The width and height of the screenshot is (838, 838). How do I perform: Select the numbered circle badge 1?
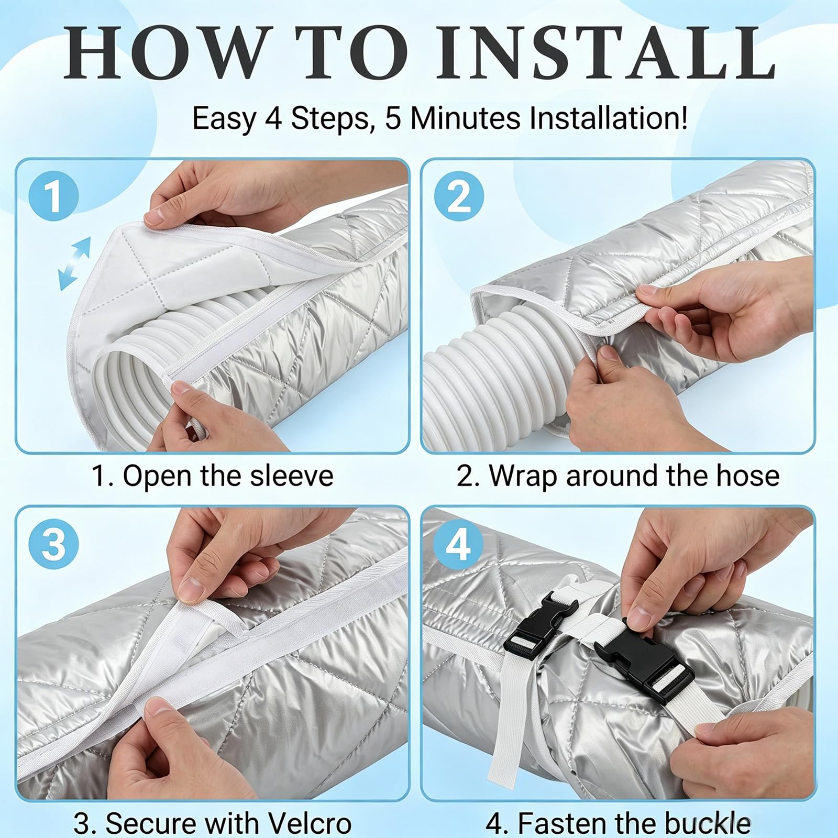click(53, 195)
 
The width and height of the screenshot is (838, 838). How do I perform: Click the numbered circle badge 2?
click(459, 195)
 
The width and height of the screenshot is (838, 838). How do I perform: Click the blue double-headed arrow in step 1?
click(75, 263)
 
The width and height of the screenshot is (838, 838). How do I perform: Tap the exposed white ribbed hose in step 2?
click(487, 361)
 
